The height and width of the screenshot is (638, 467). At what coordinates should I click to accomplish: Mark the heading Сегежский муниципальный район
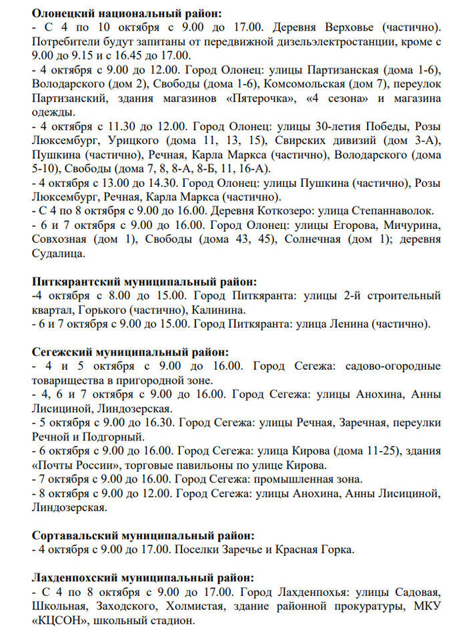tap(130, 352)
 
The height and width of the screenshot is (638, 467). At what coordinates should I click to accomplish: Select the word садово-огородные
tap(393, 366)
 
